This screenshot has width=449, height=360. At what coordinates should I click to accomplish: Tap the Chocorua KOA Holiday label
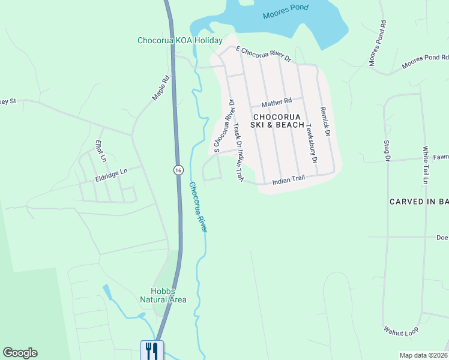179,41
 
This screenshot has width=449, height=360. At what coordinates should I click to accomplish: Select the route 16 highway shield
178,170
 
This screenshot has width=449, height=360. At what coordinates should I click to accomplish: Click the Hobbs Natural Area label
163,295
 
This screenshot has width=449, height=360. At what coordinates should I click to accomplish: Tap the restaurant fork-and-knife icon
151,350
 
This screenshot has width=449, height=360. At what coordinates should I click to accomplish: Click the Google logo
20,353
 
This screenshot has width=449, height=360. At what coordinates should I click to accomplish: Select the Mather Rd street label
276,100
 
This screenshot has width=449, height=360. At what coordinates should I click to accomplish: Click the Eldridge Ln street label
111,173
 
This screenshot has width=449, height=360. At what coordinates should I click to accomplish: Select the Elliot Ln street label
100,151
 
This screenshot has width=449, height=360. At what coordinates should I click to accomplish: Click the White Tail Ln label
426,165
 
